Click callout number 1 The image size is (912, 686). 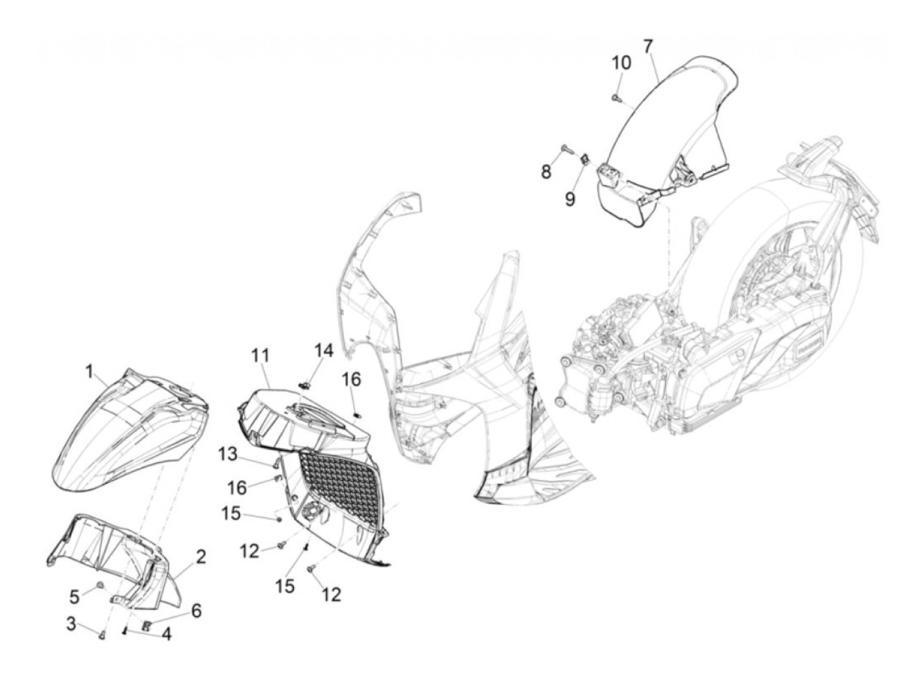(89, 372)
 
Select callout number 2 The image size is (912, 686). (201, 556)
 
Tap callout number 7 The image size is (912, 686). (648, 46)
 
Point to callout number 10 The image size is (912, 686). (621, 63)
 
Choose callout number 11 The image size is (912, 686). (260, 356)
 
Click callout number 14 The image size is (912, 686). (324, 351)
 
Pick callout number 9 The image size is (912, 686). (570, 198)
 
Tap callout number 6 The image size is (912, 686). (196, 611)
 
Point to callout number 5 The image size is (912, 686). (75, 595)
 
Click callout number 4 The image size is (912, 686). (167, 633)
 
